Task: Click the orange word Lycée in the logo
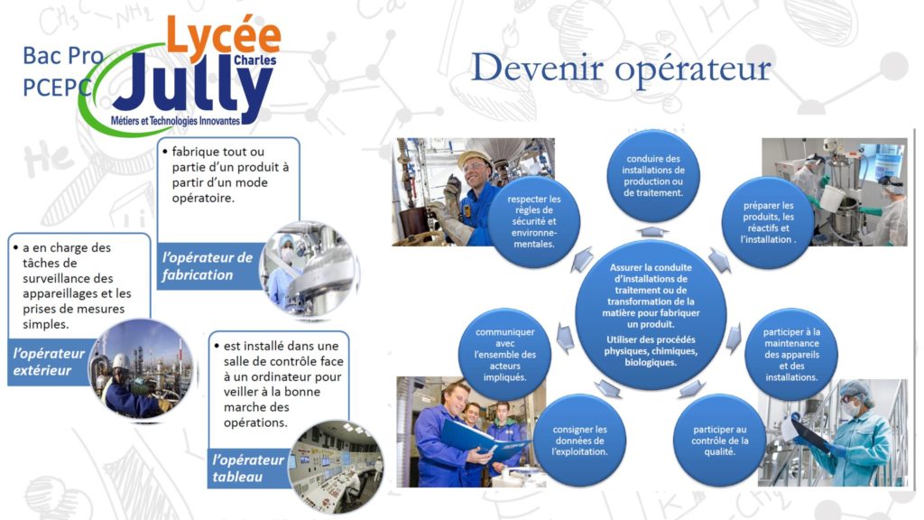224,34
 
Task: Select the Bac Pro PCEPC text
62,71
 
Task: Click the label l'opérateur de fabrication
207,266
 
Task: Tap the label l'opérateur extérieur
49,361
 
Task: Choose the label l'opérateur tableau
247,469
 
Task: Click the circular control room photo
336,466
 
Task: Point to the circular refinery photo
142,369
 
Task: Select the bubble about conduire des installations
653,176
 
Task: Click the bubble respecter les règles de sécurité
533,222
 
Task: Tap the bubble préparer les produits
768,222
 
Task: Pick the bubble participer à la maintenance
790,354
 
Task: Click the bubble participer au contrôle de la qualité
719,441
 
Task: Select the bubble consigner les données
579,441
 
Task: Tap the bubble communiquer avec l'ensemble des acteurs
504,354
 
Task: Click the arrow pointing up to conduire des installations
652,231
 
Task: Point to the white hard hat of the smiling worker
475,157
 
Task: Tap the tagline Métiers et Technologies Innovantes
176,121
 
